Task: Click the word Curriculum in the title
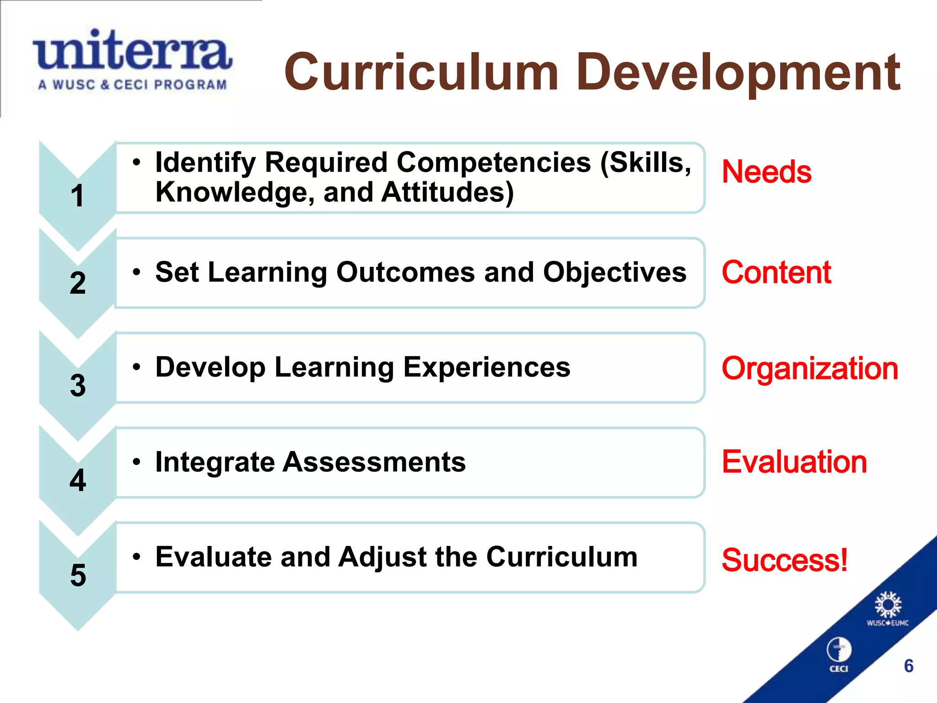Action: pos(421,72)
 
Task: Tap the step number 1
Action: pos(77,196)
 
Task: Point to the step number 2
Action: pos(78,283)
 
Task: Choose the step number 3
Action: pos(78,385)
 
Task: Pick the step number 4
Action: pos(78,480)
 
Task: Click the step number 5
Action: pos(78,575)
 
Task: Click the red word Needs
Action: pos(766,172)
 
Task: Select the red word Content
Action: pos(776,272)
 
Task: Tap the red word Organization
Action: pos(810,368)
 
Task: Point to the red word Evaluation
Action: pos(794,462)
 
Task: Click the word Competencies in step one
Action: pos(494,163)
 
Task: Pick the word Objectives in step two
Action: pos(614,272)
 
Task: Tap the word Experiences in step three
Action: pos(487,368)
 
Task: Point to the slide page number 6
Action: pos(909,666)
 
